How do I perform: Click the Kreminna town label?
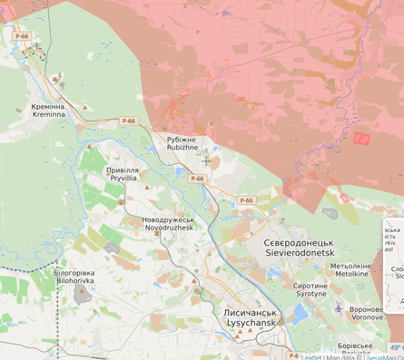[48, 111]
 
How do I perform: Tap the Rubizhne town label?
[182, 144]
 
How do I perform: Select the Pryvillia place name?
[123, 174]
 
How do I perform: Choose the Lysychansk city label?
[252, 317]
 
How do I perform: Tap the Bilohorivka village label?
[74, 277]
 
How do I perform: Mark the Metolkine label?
[350, 269]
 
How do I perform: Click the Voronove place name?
[366, 313]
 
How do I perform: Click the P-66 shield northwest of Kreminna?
[22, 36]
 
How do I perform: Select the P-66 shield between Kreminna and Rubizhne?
[128, 121]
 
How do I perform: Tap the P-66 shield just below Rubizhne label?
[196, 179]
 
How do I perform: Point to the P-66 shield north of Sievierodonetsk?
[246, 200]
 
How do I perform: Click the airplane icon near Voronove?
[339, 309]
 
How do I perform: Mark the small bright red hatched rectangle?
[361, 139]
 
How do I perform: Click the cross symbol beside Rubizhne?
[206, 161]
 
